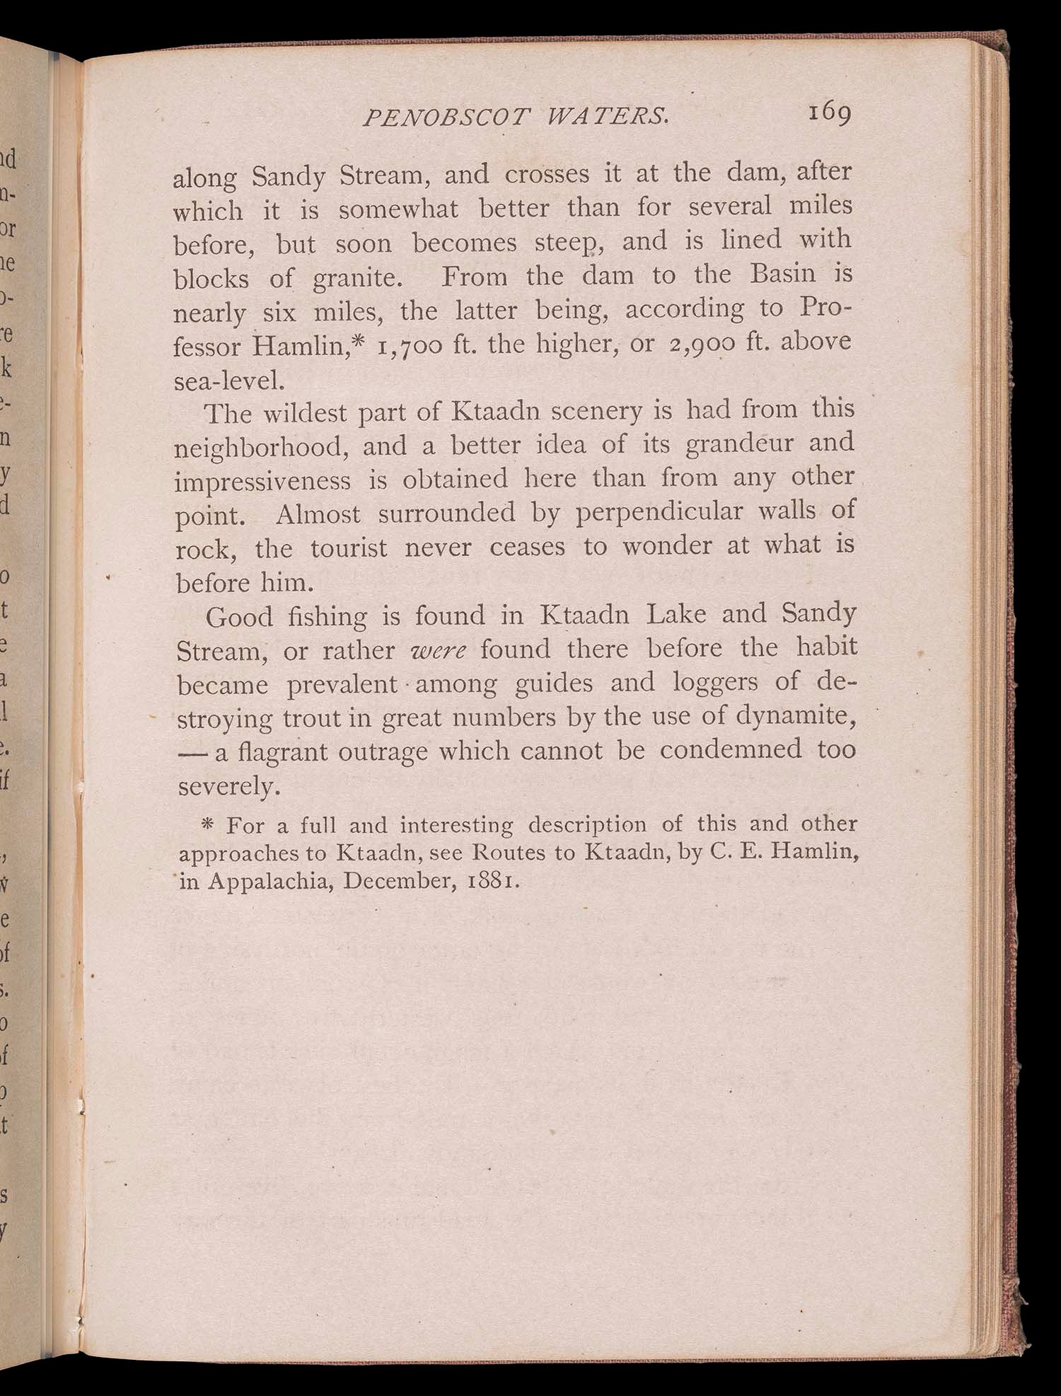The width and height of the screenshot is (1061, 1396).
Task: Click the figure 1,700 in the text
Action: coord(410,346)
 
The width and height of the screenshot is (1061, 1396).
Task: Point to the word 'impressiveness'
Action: coord(262,480)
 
